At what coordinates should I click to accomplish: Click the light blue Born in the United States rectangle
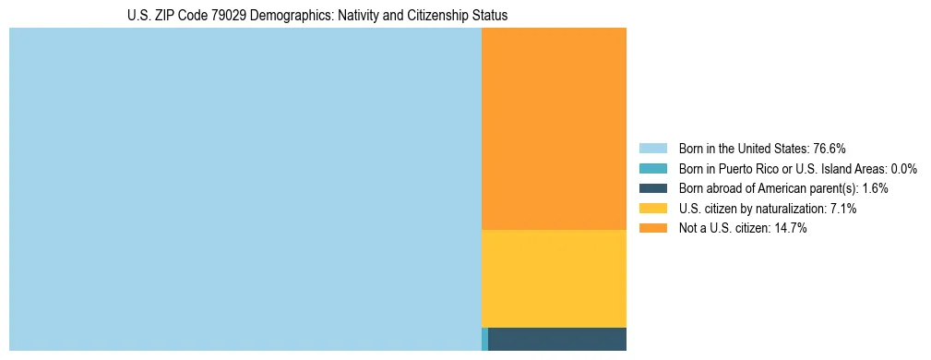pos(245,189)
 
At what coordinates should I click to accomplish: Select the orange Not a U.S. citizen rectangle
pos(554,128)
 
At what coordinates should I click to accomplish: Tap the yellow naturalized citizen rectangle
pos(554,278)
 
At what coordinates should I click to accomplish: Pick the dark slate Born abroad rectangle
pos(556,339)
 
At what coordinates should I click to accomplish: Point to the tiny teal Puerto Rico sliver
pos(484,339)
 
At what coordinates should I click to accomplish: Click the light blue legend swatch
pos(652,149)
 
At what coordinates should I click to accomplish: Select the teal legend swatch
pos(652,169)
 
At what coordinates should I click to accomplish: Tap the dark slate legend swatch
pos(652,188)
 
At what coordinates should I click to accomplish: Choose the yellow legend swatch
pos(652,209)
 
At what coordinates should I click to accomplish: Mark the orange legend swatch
pos(652,229)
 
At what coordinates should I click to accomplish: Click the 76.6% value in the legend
pos(830,149)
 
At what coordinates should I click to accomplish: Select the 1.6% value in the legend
pos(875,188)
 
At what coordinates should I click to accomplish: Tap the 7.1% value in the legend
pos(843,209)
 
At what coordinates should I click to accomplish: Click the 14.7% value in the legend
pos(791,229)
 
